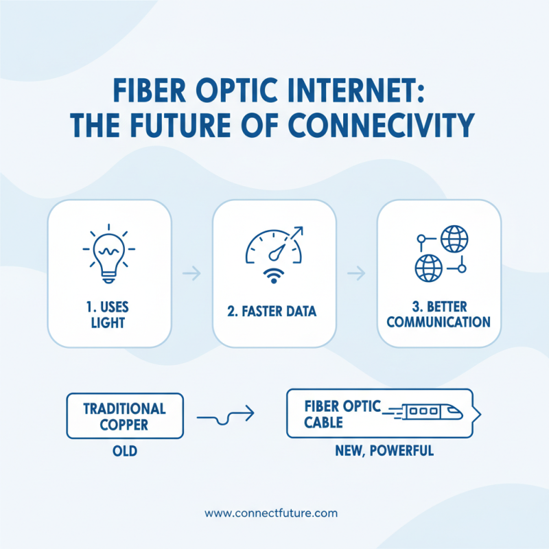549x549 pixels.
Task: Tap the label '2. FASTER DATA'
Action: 273,312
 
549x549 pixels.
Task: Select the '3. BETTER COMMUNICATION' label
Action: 439,312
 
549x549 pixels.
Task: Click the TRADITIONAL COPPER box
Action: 124,416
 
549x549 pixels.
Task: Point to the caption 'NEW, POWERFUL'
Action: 384,452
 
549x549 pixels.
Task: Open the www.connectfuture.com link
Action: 271,513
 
